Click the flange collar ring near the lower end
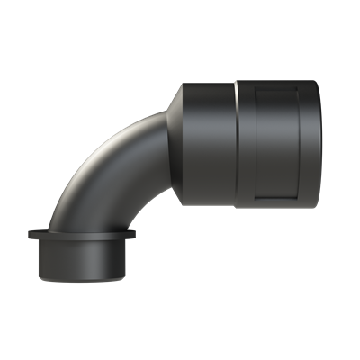(x=82, y=236)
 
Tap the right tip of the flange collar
(x=135, y=236)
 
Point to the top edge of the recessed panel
(x=281, y=87)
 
